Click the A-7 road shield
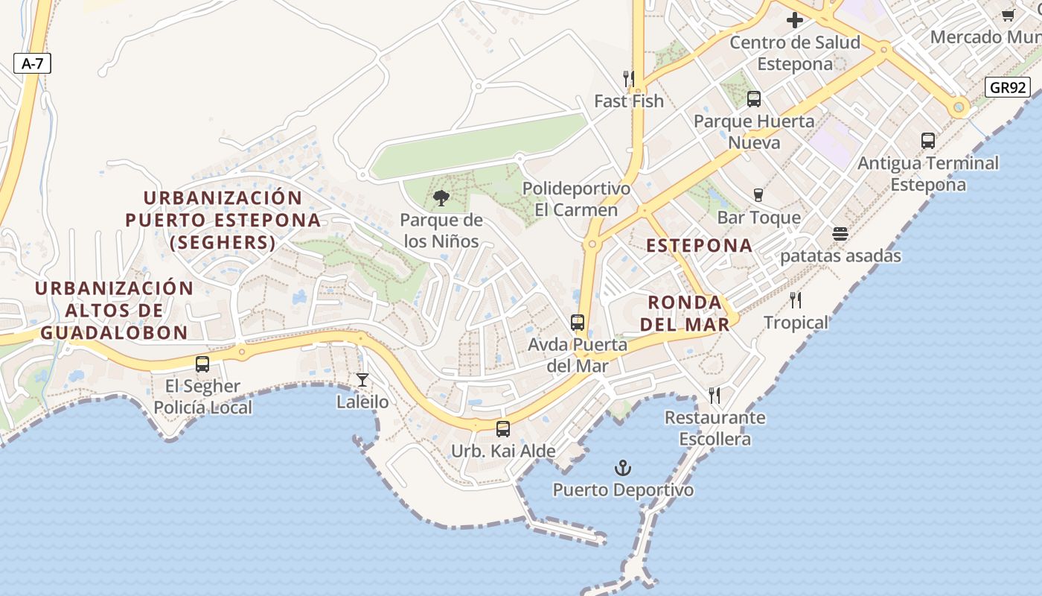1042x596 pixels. click(32, 63)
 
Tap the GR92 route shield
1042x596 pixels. click(1009, 87)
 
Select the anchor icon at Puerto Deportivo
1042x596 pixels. click(622, 468)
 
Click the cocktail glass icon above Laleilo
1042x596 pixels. click(362, 380)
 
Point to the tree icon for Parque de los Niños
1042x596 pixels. click(441, 198)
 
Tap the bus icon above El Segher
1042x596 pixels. click(202, 364)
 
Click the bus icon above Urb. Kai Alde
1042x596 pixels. click(503, 429)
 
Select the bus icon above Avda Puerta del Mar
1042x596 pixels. click(578, 323)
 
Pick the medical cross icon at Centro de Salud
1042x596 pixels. click(795, 20)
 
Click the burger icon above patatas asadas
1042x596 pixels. click(840, 234)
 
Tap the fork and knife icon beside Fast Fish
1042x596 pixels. click(629, 79)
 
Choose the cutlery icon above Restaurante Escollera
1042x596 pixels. click(715, 396)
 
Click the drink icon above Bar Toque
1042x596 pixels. click(758, 195)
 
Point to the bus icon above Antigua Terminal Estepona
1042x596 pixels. click(928, 141)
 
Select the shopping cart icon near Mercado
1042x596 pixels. click(1009, 16)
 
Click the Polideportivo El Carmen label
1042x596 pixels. click(576, 199)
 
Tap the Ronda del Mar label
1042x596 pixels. click(685, 313)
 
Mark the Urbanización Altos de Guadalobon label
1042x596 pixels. click(114, 310)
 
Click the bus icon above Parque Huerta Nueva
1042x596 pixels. click(754, 99)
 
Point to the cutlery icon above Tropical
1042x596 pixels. click(796, 300)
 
